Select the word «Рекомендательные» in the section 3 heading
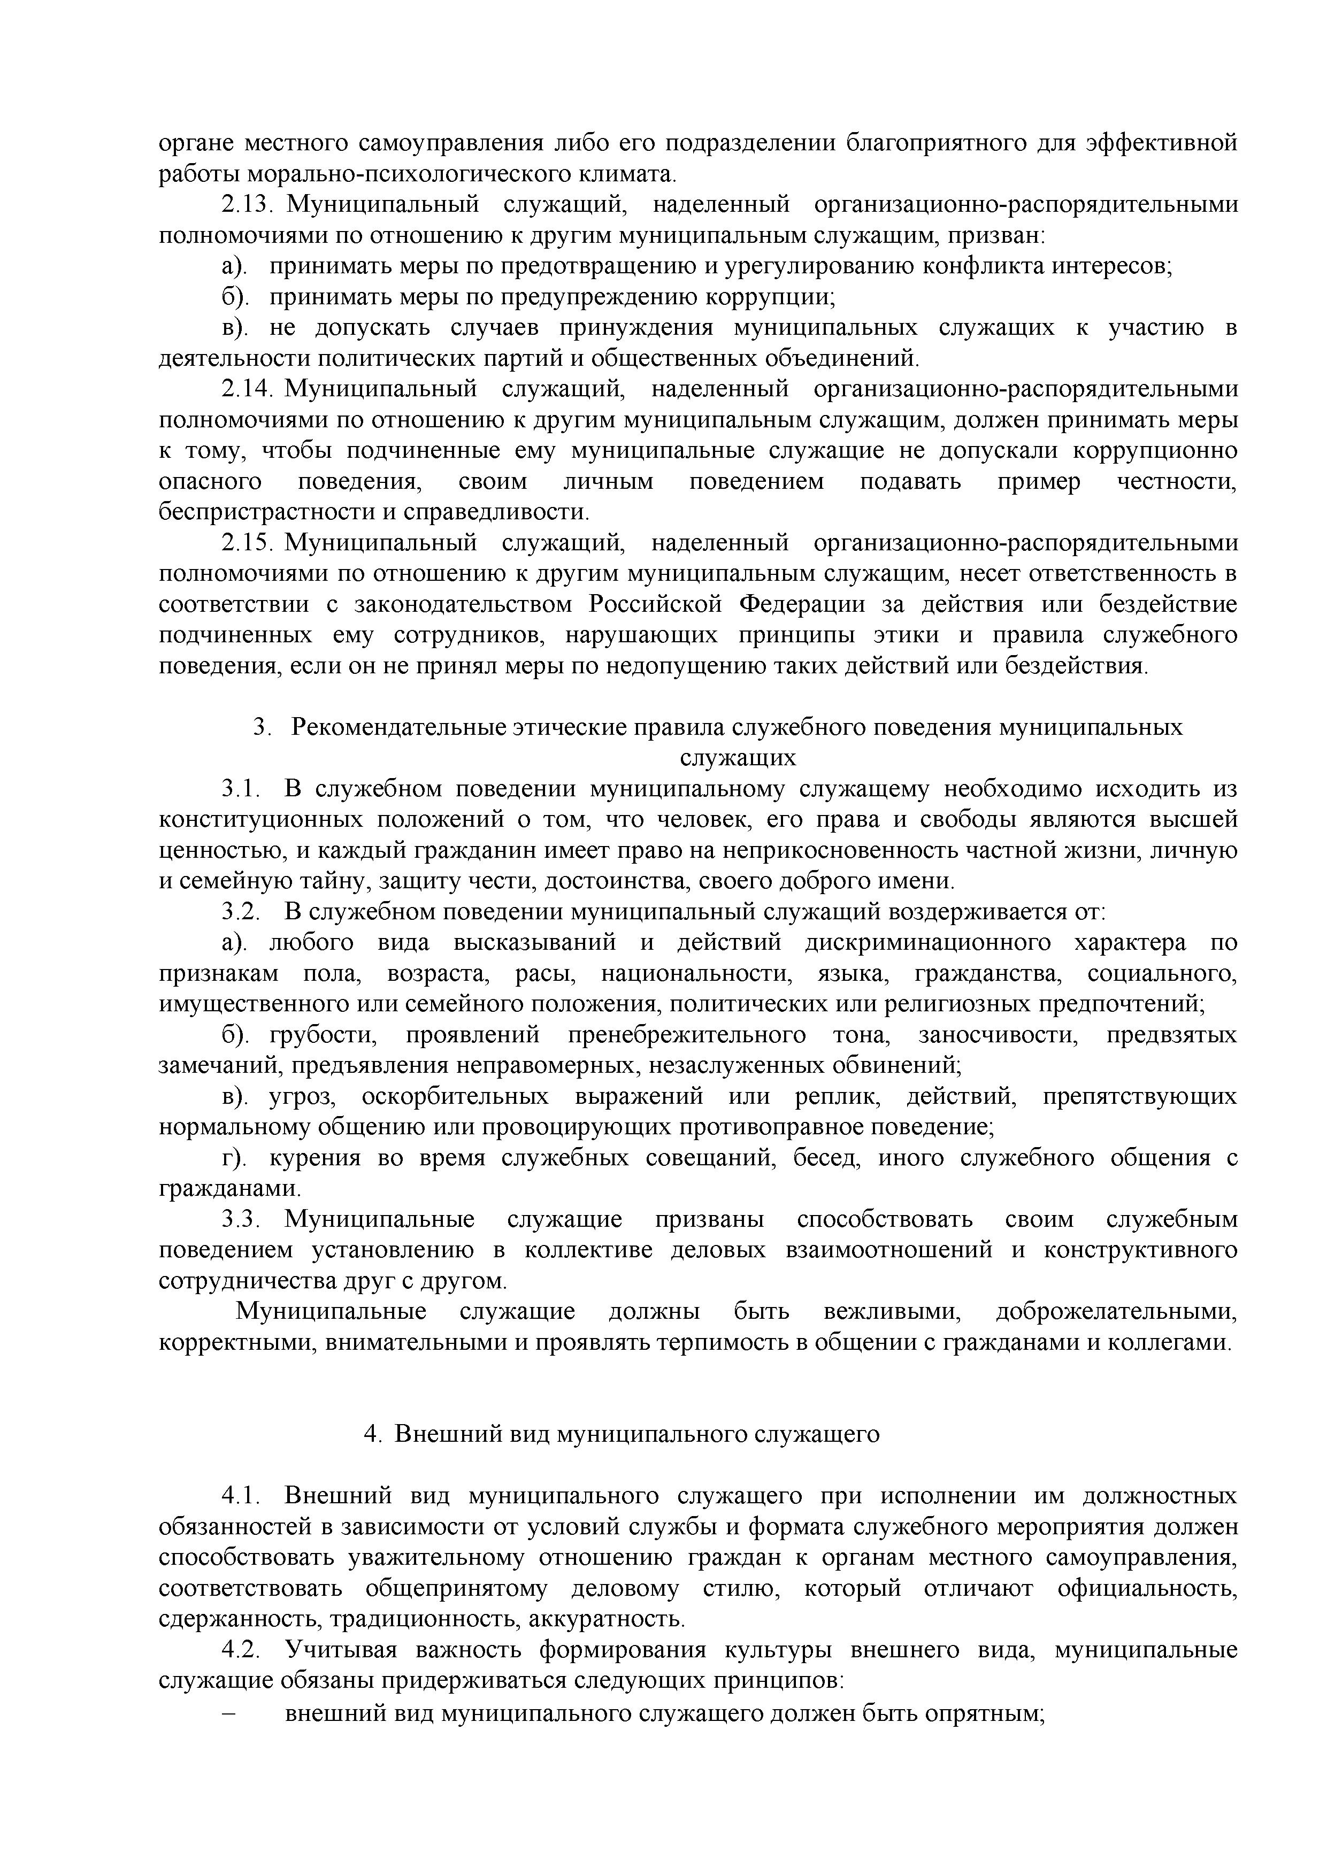click(x=398, y=728)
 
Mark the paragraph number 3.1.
click(x=240, y=789)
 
